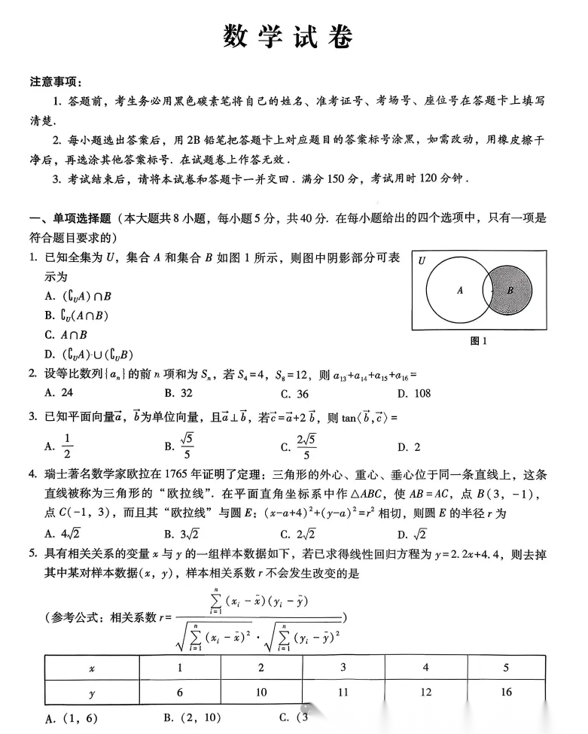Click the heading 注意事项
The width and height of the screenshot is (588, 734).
click(x=56, y=82)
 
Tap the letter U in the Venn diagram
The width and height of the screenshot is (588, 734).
click(x=422, y=260)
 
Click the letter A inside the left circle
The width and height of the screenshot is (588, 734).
click(x=460, y=290)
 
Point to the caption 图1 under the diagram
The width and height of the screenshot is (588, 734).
click(x=479, y=340)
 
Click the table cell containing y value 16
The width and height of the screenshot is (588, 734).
click(x=506, y=692)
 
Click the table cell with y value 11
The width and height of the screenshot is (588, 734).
click(x=343, y=692)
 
